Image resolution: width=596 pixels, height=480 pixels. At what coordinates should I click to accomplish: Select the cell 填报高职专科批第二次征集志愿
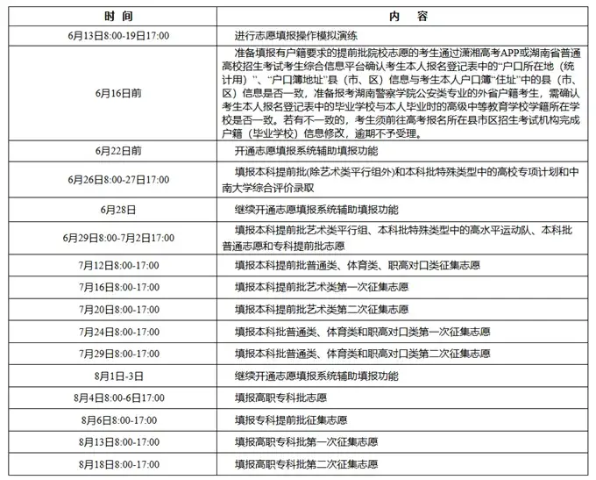[x=307, y=462]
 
